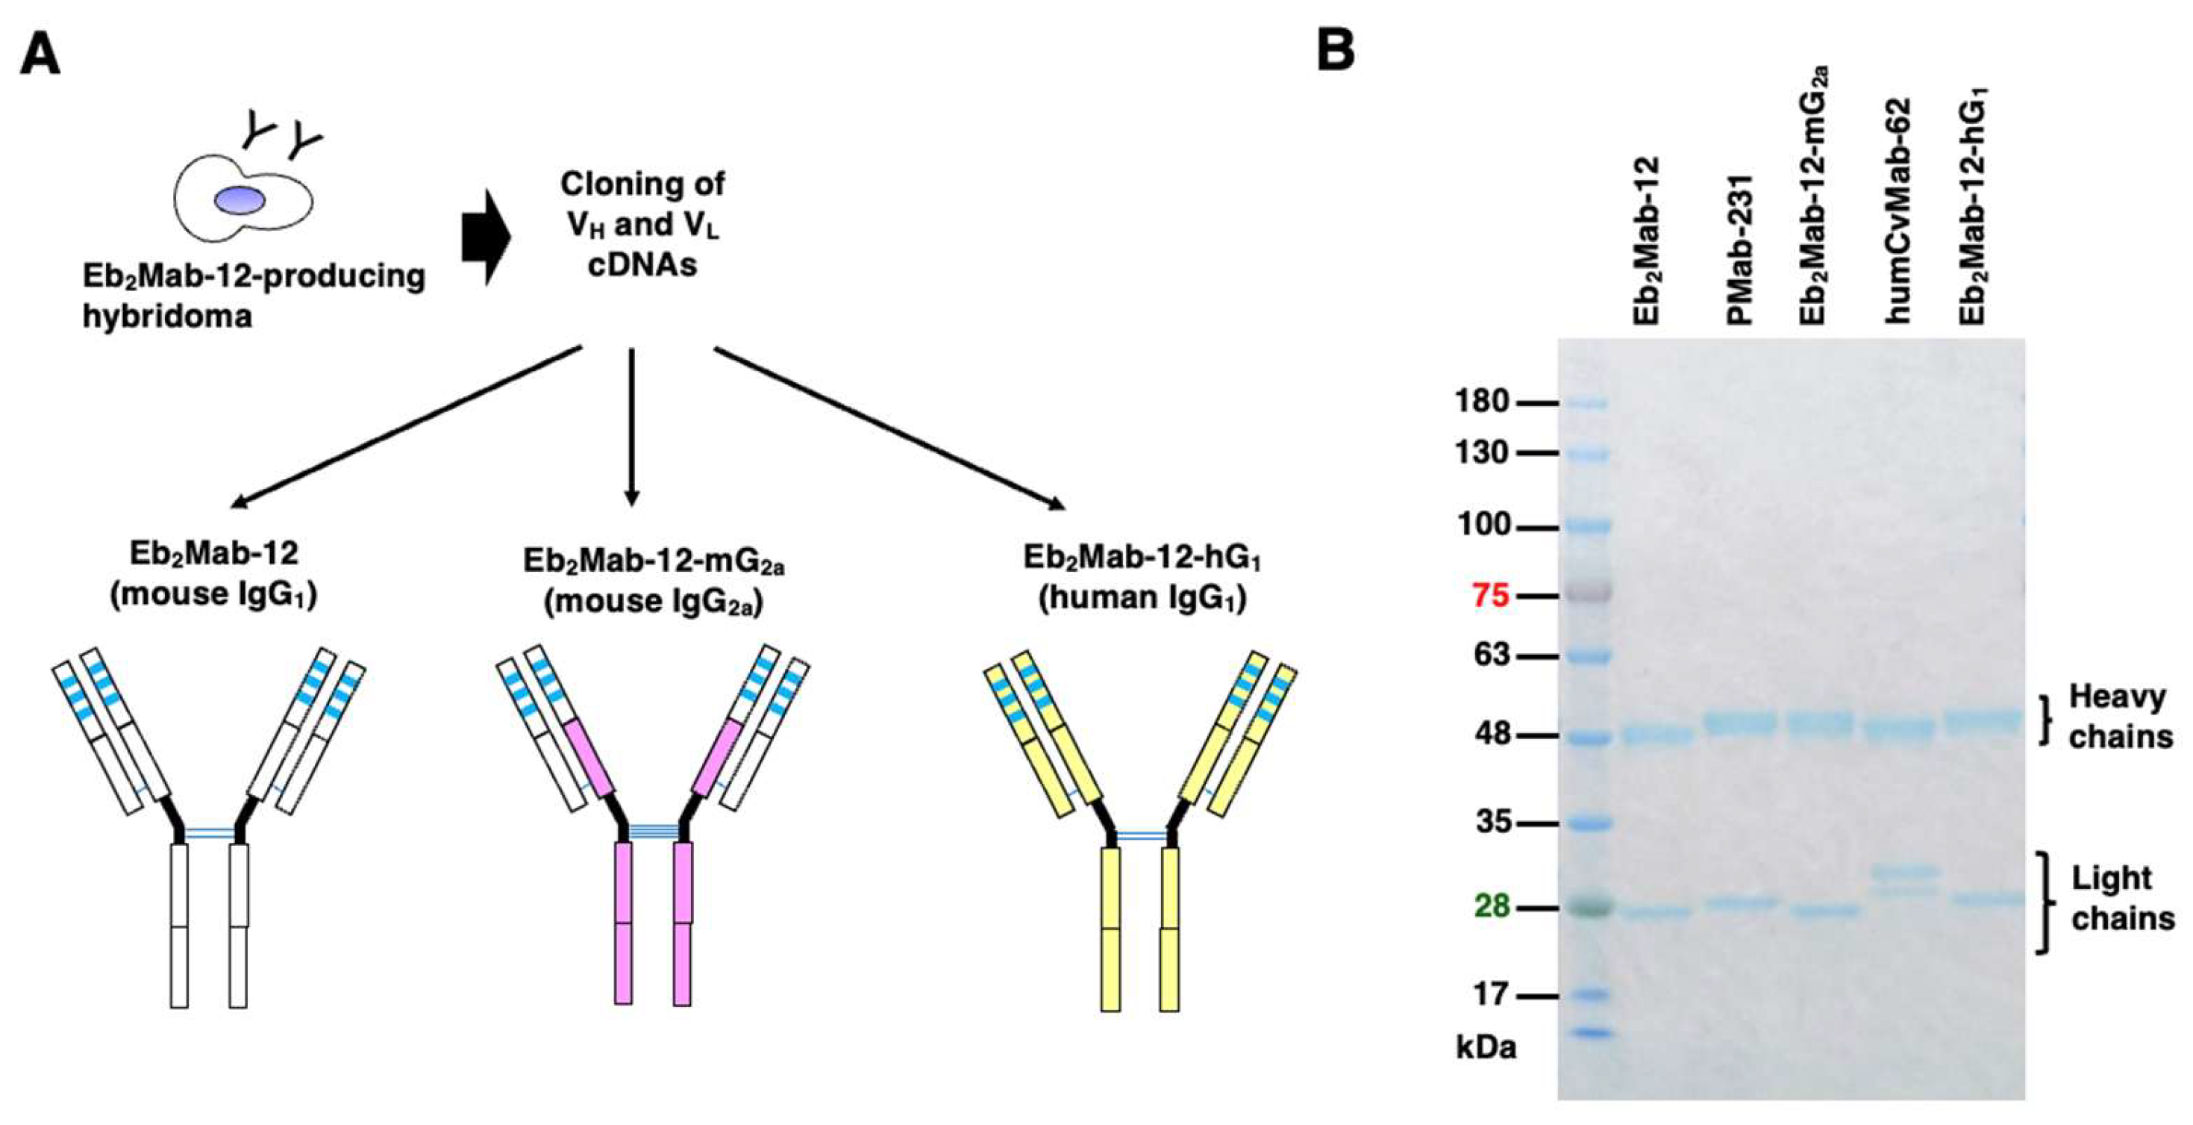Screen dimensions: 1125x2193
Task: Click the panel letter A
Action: click(40, 55)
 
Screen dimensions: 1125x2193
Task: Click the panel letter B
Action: click(1336, 50)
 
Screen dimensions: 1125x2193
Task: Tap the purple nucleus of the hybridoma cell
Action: click(240, 200)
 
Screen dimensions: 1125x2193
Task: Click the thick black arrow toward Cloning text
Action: click(485, 237)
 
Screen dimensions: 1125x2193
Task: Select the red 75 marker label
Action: click(1491, 595)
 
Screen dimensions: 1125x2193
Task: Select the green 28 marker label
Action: click(1492, 906)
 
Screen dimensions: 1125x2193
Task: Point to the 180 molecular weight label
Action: click(1482, 401)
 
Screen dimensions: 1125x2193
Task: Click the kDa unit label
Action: click(1486, 1047)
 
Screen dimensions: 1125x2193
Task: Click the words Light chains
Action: click(2121, 899)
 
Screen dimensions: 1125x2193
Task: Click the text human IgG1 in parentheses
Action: click(1142, 598)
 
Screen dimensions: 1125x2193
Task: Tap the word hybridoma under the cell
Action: click(167, 317)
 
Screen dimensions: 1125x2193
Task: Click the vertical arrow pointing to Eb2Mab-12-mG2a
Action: click(631, 426)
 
